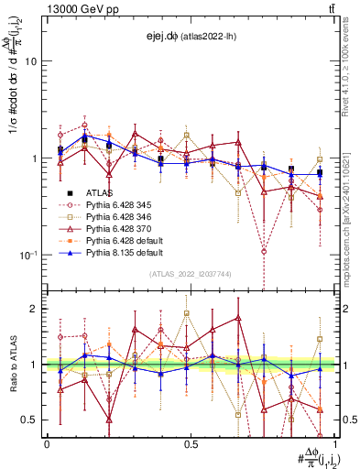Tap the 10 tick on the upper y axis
click(31, 61)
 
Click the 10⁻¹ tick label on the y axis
click(27, 254)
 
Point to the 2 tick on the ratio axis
click(35, 309)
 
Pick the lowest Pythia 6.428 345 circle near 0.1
click(263, 251)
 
